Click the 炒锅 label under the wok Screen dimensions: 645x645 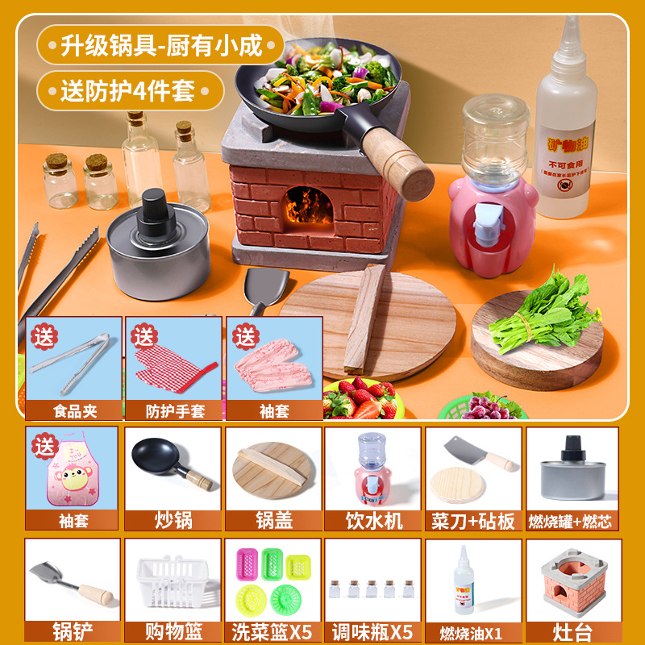coord(173,520)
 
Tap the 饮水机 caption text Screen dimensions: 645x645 coord(373,520)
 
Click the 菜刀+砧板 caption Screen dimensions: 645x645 coord(473,520)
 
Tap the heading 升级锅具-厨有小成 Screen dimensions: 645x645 coord(161,45)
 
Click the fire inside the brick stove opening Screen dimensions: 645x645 coord(302,206)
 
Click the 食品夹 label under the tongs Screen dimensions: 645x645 coord(73,410)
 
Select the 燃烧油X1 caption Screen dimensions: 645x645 coord(473,630)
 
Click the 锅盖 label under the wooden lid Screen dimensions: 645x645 coord(273,520)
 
